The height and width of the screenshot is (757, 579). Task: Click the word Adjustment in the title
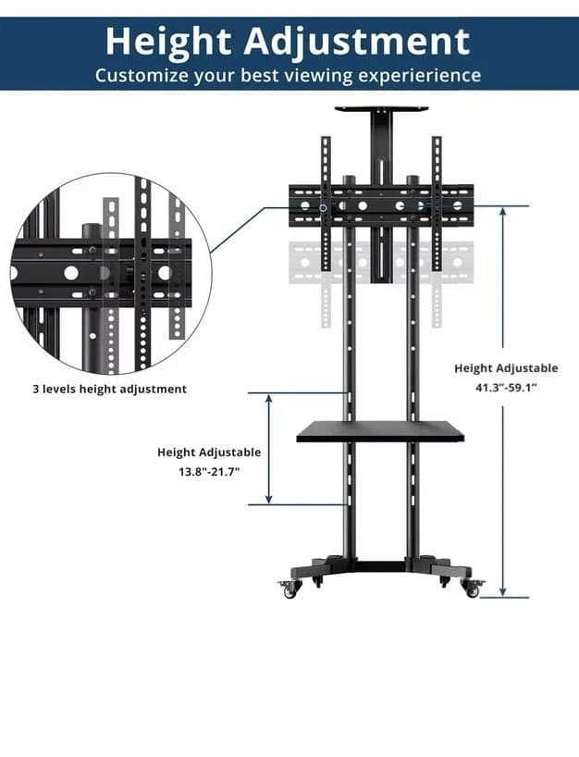point(357,43)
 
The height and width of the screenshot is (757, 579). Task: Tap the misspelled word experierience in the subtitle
point(420,76)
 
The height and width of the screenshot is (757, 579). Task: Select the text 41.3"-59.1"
point(506,387)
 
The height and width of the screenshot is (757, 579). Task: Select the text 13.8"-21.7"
point(209,472)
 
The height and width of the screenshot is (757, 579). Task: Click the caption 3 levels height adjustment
point(109,389)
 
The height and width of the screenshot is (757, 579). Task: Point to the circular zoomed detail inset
point(110,274)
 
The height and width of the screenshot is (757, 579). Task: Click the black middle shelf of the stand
point(380,430)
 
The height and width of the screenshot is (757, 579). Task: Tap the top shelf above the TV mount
point(382,109)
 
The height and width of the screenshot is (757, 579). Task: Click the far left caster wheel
point(289,589)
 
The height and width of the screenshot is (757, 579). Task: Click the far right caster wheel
point(473,589)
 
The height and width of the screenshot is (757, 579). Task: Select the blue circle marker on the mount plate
point(324,207)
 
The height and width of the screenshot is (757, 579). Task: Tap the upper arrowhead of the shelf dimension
point(269,399)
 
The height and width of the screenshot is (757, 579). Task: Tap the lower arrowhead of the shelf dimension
point(269,498)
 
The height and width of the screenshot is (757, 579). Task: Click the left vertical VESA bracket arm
point(326,204)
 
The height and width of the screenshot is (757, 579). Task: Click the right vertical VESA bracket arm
point(437,204)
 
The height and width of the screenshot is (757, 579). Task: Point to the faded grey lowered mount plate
point(381,263)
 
